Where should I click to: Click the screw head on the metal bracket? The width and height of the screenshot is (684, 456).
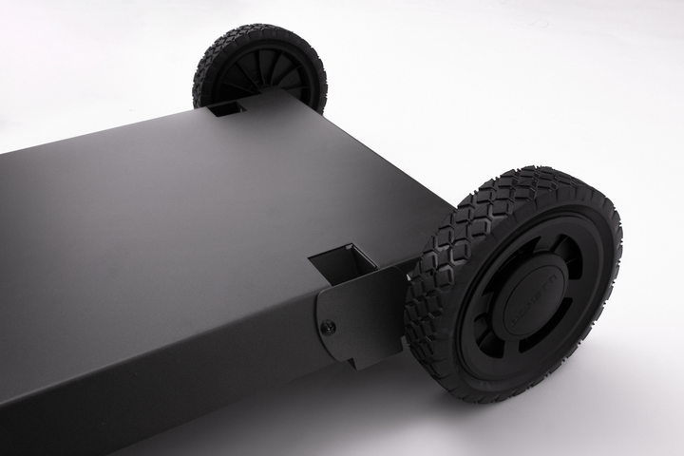tap(328, 328)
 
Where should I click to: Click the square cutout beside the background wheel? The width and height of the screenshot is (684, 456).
tap(226, 108)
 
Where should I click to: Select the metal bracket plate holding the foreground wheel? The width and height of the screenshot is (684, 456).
tap(366, 313)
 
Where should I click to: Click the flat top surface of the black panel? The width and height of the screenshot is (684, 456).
tap(190, 209)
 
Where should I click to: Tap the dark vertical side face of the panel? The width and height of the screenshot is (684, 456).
tap(142, 380)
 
